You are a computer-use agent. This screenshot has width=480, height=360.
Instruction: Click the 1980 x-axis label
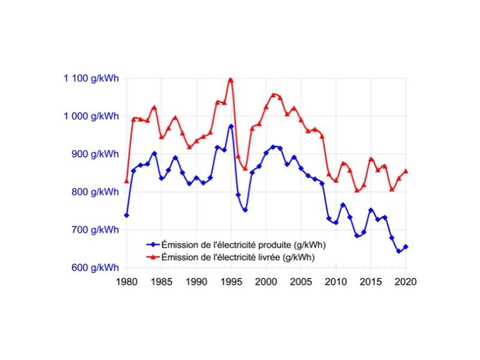[127, 281]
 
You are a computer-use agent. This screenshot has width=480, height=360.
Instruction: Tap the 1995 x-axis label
[230, 281]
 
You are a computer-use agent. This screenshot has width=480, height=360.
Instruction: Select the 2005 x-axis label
[301, 281]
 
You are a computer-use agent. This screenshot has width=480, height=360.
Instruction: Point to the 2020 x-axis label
[406, 281]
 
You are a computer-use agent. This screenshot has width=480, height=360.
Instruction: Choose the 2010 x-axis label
[336, 281]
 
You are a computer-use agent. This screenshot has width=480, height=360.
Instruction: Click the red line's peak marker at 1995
[230, 80]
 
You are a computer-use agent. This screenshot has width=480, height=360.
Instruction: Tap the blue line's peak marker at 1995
[230, 127]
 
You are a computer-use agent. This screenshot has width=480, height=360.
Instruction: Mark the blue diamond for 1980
[127, 215]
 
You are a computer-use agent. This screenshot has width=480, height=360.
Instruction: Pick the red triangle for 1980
[127, 181]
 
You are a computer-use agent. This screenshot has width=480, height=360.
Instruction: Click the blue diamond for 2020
[406, 247]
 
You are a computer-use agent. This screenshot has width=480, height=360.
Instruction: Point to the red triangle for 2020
[406, 171]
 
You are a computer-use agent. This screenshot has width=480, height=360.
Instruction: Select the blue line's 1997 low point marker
[245, 210]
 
